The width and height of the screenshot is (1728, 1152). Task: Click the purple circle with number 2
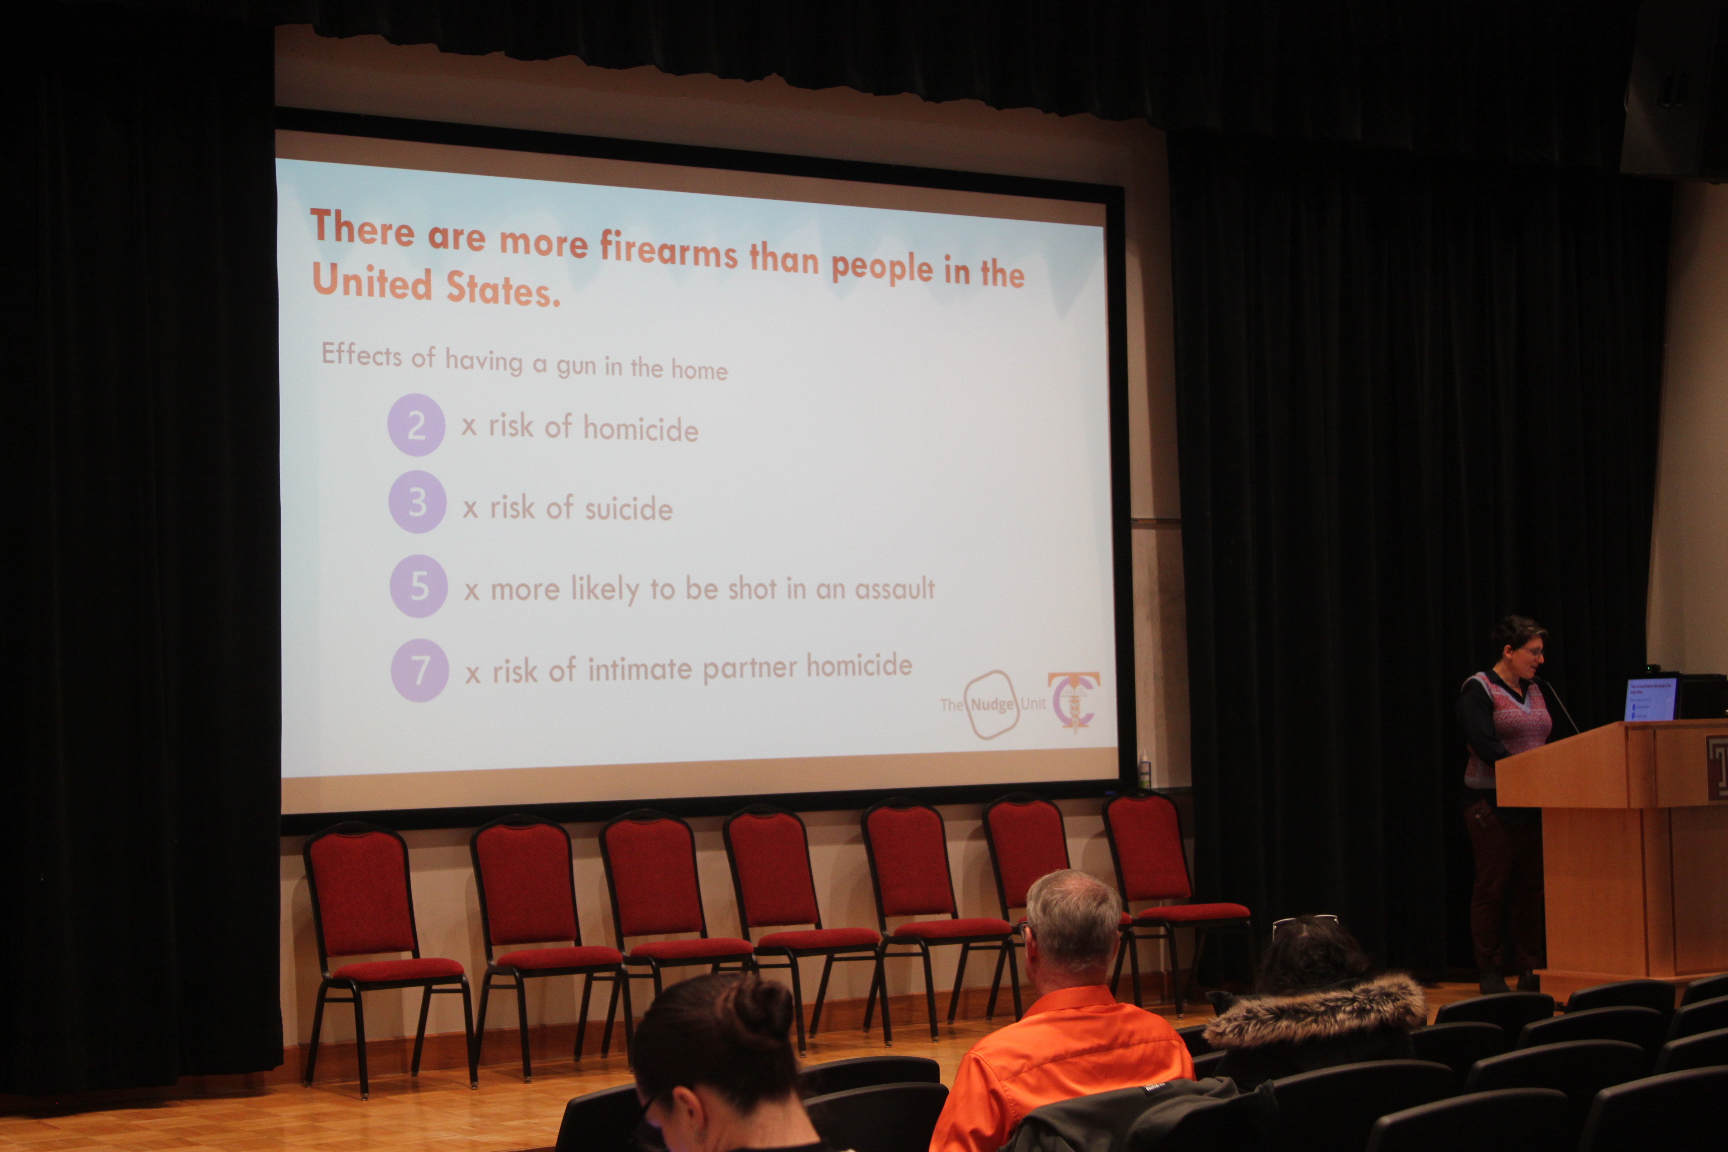416,425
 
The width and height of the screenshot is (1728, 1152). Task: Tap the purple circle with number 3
417,503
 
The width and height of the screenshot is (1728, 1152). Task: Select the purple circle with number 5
419,586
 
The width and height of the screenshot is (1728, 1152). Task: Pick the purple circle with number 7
420,670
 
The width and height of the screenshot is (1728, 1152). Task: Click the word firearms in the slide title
669,250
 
